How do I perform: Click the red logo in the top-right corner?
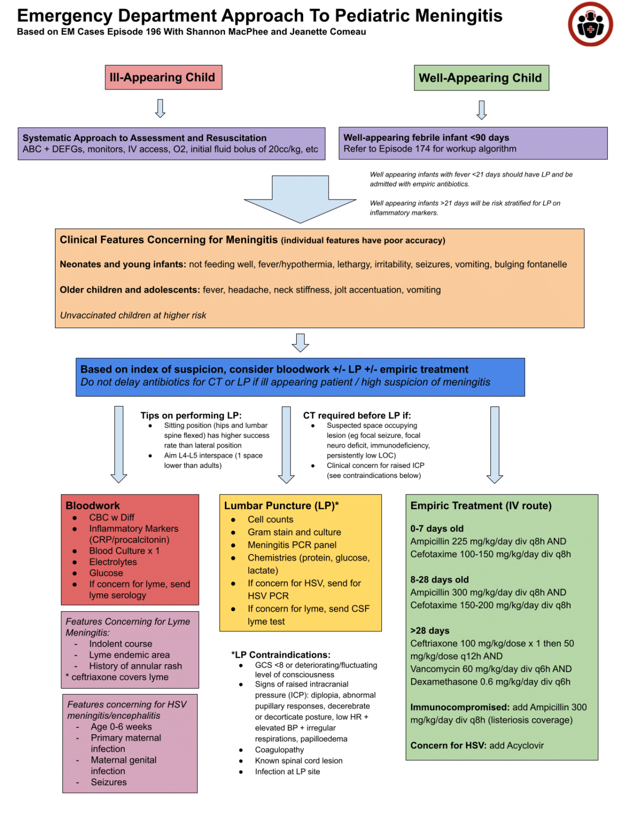tap(590, 24)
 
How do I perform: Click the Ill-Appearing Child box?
tap(163, 77)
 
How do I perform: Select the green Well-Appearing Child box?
tap(480, 78)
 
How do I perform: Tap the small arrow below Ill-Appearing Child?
tap(160, 108)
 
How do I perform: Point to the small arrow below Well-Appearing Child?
tap(481, 110)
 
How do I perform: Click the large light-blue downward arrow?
tap(300, 199)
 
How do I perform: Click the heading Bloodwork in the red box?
tap(93, 505)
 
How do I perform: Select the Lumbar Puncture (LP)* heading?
tap(281, 505)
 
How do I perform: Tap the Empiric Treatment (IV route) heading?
tap(480, 505)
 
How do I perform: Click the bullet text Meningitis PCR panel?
tap(292, 545)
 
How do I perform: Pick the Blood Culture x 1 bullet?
tap(124, 550)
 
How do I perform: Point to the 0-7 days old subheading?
tap(436, 528)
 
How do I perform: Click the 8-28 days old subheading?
tap(439, 580)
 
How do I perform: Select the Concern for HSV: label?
tap(448, 745)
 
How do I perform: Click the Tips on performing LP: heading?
tap(190, 415)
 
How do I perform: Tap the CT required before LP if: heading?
tap(357, 415)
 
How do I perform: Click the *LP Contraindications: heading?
tap(280, 655)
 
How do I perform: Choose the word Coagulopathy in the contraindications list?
tap(279, 749)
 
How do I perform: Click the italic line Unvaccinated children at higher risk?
tap(133, 315)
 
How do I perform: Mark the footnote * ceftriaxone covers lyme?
tap(117, 677)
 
